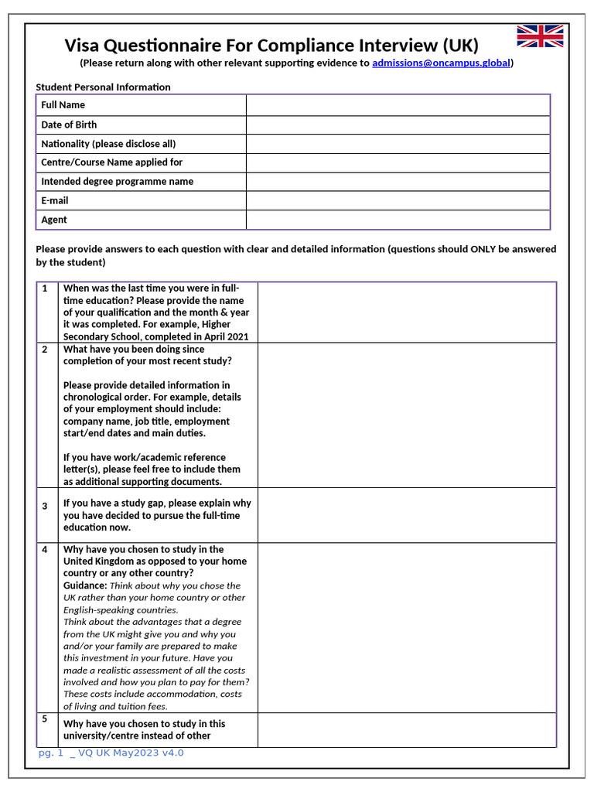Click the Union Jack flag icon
540,36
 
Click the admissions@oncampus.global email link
441,63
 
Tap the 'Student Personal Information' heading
103,87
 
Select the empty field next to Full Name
398,105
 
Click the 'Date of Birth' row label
69,125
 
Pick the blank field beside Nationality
398,144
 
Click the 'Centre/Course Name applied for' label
111,162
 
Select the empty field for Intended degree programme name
398,182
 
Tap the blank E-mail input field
398,201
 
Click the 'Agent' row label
54,220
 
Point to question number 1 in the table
45,288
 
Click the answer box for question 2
406,415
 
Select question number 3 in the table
45,506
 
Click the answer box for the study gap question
406,515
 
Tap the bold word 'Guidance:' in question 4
85,585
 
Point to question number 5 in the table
45,719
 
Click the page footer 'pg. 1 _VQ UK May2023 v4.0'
111,753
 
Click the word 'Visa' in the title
83,45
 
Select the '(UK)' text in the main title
461,45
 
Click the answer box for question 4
406,627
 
